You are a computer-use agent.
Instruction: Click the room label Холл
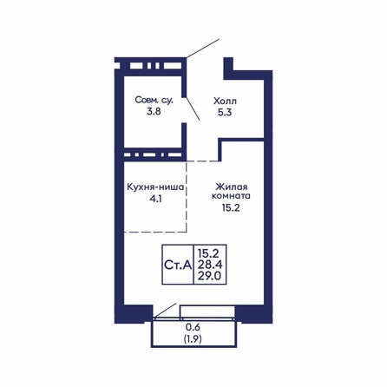point(225,101)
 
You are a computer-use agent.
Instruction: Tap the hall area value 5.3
point(225,112)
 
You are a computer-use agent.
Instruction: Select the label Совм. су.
point(154,101)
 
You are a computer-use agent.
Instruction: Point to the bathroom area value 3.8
point(154,111)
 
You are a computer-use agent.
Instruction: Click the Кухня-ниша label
point(155,187)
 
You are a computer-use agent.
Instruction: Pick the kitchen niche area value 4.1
point(155,199)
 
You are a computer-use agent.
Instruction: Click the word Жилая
point(232,186)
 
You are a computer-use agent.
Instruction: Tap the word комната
point(231,196)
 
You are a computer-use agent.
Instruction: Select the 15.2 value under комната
point(231,207)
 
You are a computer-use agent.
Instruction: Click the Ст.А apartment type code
point(178,265)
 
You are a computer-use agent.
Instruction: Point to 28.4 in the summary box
point(210,265)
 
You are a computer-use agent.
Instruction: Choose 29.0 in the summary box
point(210,276)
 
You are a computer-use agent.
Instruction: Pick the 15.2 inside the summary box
point(208,253)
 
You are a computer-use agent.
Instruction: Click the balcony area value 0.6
point(193,327)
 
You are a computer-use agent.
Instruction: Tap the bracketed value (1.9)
point(193,338)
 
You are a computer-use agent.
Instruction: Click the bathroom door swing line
point(193,108)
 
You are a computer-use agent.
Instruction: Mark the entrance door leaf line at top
point(203,49)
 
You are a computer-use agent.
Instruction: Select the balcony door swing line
point(165,310)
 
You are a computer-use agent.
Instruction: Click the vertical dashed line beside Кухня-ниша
point(187,197)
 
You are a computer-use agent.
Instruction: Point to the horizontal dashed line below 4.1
point(155,232)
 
